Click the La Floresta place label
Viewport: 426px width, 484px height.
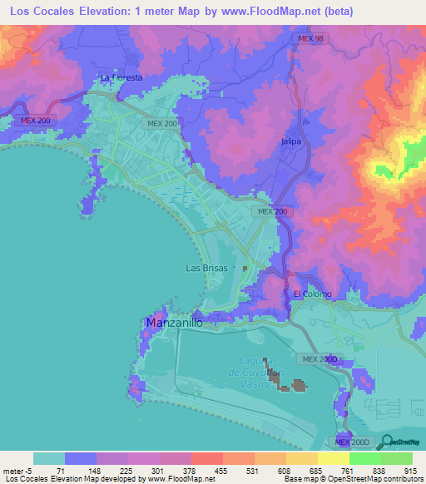pyautogui.click(x=121, y=77)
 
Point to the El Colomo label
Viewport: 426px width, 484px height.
pyautogui.click(x=312, y=294)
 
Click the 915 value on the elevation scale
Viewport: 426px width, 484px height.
pyautogui.click(x=410, y=471)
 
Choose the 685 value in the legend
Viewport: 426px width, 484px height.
pyautogui.click(x=315, y=471)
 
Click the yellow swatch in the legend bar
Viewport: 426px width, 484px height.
pyautogui.click(x=333, y=458)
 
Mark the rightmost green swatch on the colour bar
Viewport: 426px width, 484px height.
pyautogui.click(x=396, y=458)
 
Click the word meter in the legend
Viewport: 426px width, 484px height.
pyautogui.click(x=12, y=471)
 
